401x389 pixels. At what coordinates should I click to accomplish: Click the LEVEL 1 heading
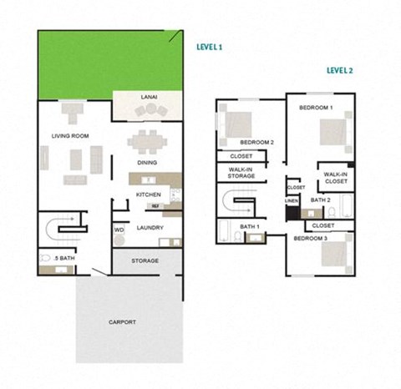point(209,48)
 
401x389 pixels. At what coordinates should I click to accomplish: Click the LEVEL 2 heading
point(339,71)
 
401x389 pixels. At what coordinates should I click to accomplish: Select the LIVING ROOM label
point(70,135)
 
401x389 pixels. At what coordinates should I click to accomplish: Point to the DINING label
point(147,163)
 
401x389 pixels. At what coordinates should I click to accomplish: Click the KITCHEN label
point(148,194)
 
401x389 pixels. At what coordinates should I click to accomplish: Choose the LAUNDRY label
point(150,227)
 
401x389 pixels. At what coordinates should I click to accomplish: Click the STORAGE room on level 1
point(145,261)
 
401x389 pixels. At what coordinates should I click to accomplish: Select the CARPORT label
point(122,321)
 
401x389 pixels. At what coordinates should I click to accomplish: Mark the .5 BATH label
point(64,258)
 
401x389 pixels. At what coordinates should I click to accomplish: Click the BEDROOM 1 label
point(316,108)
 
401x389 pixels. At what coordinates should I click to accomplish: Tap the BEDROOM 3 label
point(309,239)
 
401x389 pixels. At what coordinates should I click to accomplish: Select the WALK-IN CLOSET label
point(335,178)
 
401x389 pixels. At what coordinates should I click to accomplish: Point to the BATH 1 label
point(250,227)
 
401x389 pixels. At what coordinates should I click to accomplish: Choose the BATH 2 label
point(321,200)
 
